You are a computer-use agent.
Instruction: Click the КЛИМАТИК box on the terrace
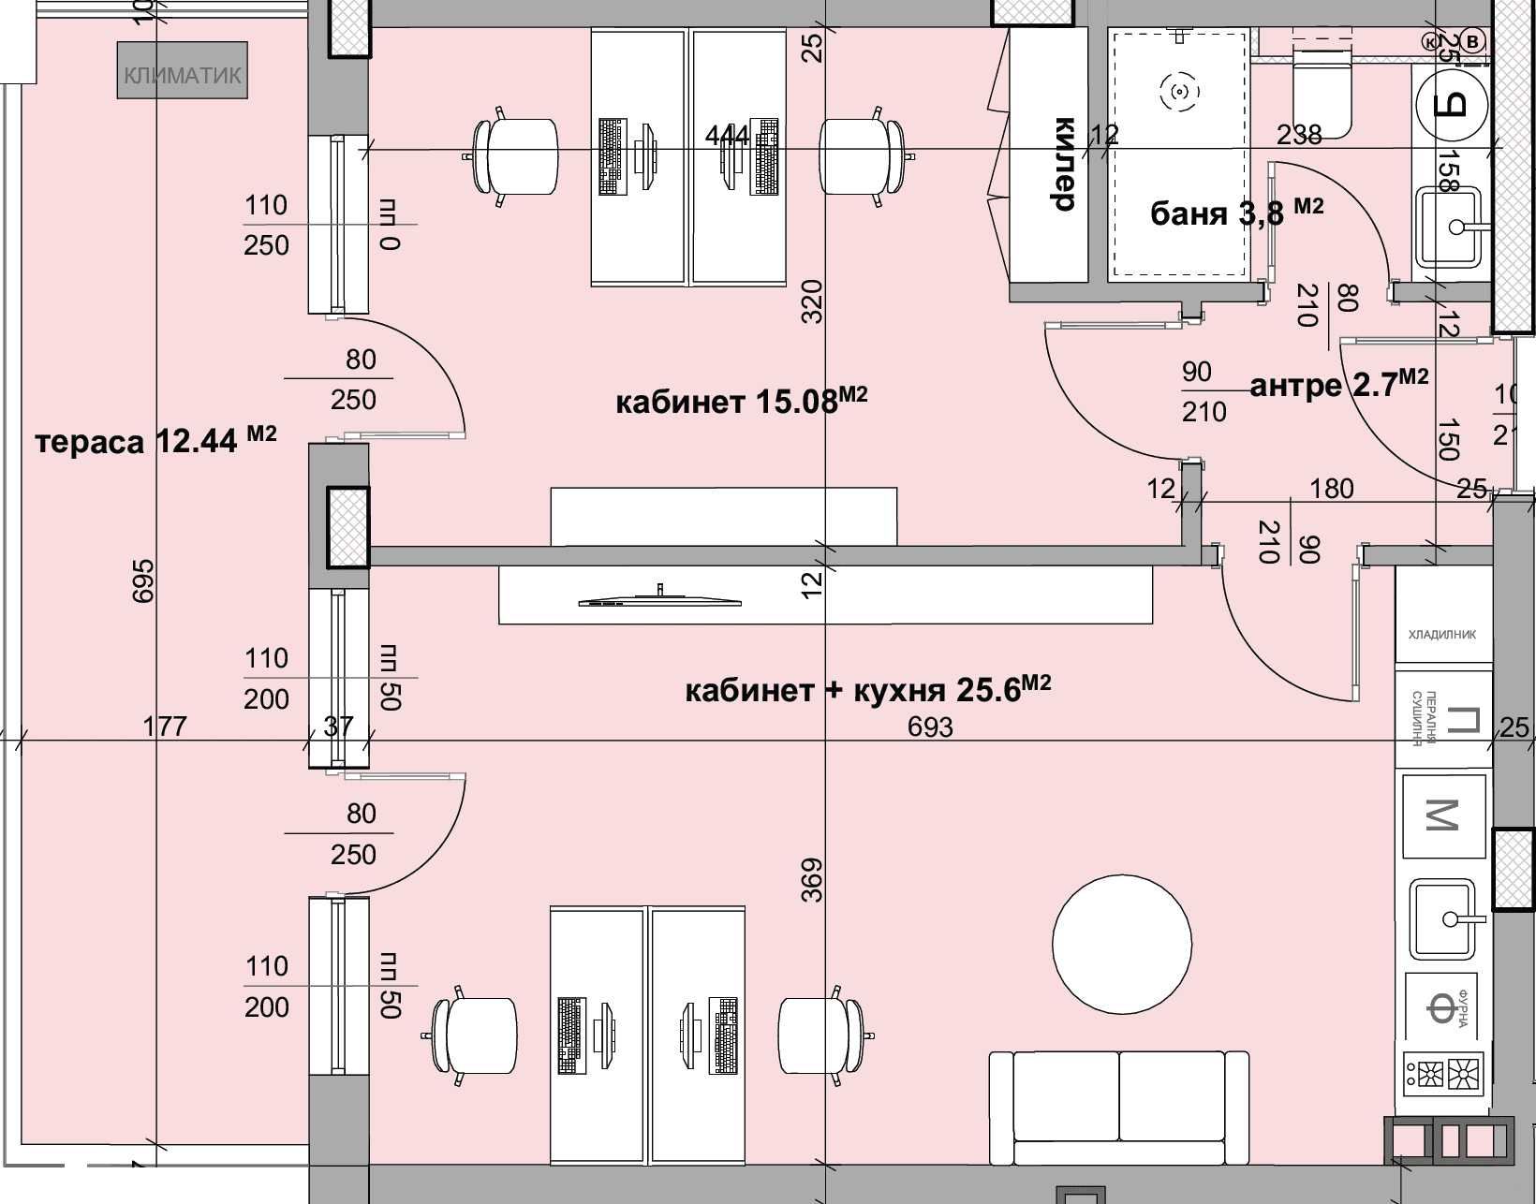[183, 70]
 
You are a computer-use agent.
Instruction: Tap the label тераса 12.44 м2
[155, 440]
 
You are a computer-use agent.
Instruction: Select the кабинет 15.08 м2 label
[741, 402]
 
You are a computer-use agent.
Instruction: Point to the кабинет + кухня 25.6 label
[867, 690]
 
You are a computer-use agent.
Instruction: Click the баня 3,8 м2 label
[1236, 213]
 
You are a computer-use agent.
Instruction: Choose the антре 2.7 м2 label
[1338, 383]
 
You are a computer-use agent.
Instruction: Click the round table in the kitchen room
[1122, 943]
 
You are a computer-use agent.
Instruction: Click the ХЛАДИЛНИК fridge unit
[1442, 634]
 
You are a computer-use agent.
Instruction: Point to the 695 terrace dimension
[142, 580]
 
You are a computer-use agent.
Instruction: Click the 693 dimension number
[930, 727]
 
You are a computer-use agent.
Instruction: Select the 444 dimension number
[728, 136]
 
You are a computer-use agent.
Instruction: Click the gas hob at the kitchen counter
[1444, 1073]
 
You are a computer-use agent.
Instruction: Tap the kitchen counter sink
[1446, 918]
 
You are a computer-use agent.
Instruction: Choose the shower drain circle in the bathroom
[1179, 91]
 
